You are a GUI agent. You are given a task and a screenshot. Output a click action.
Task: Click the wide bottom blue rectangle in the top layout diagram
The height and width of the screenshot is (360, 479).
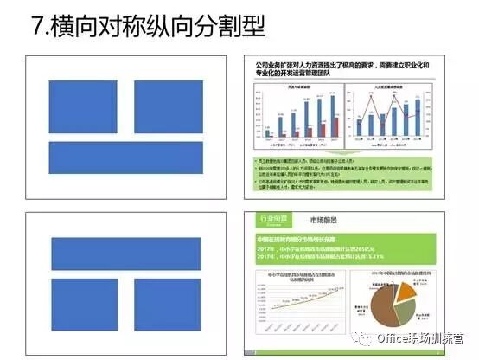tap(126, 158)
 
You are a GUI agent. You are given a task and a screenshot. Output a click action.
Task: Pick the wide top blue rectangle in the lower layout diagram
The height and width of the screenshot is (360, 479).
tap(126, 254)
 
